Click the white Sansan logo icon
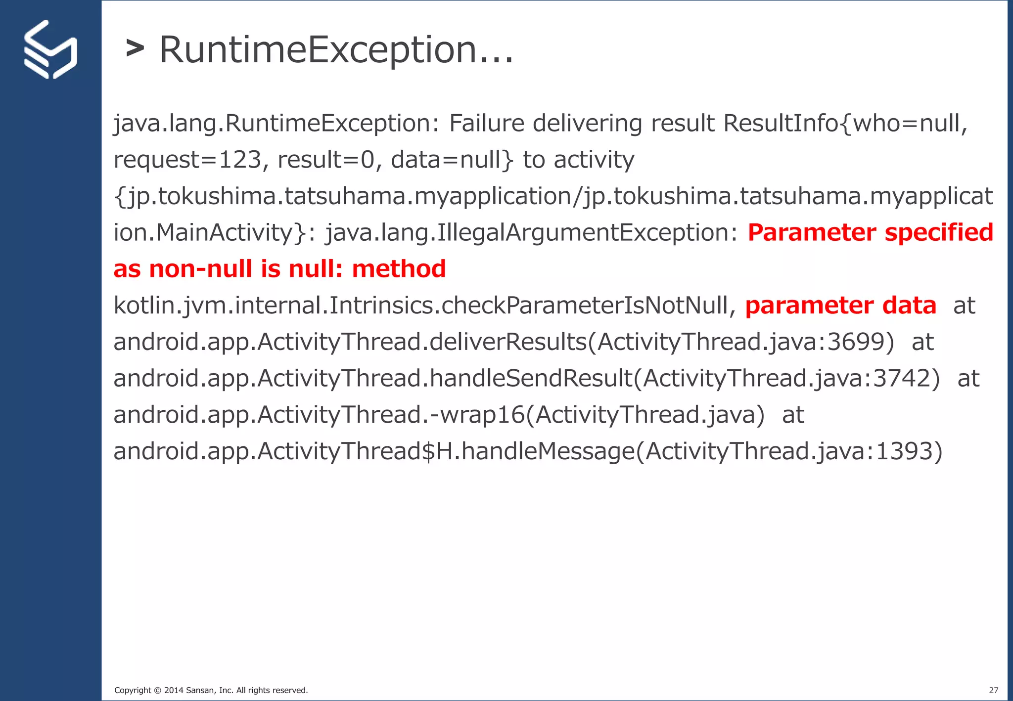[x=50, y=49]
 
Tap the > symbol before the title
[x=135, y=48]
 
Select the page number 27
[x=993, y=690]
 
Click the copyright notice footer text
[x=211, y=690]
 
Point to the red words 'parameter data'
[x=840, y=306]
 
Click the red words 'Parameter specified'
[x=870, y=232]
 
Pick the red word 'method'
[x=399, y=269]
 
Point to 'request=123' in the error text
[x=187, y=160]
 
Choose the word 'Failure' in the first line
[x=486, y=123]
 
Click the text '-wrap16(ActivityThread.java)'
[x=598, y=414]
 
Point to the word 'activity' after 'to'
[x=594, y=160]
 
